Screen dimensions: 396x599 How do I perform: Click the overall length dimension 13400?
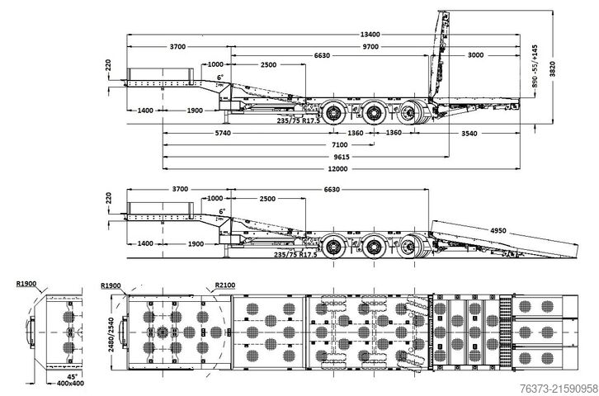tap(370, 35)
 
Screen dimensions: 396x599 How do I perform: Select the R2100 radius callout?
tap(226, 285)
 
